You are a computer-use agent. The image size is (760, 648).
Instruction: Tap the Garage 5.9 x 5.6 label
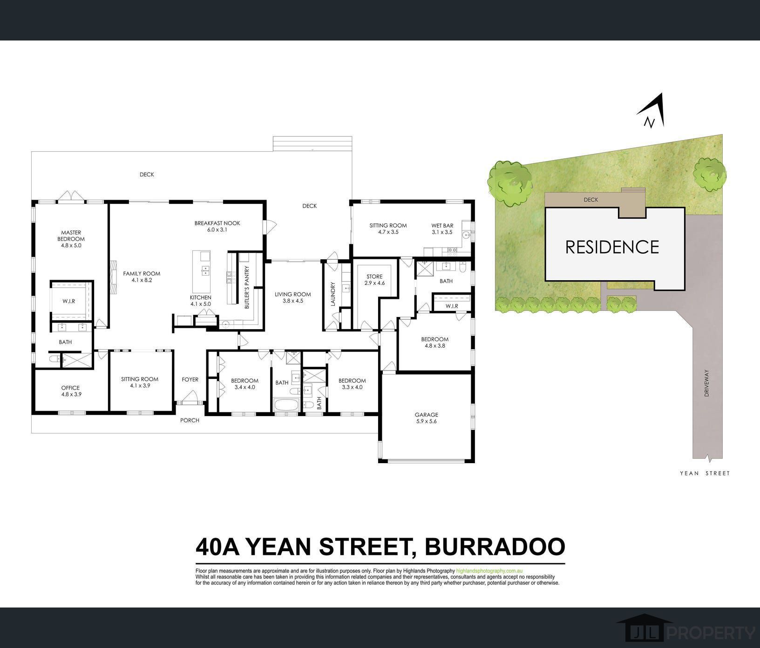click(x=427, y=418)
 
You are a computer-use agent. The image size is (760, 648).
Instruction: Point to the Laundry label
click(x=332, y=294)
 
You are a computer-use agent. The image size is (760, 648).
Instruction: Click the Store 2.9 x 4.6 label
click(x=374, y=280)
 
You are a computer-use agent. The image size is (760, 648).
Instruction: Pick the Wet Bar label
click(x=442, y=229)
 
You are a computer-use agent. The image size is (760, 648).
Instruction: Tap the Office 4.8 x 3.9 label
click(x=70, y=391)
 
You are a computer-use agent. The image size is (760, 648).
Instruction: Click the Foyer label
click(x=190, y=379)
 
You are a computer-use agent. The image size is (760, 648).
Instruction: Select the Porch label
click(x=190, y=420)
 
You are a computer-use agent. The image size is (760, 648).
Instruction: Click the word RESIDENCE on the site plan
click(x=612, y=247)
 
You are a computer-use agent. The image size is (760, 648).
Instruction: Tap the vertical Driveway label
click(x=706, y=383)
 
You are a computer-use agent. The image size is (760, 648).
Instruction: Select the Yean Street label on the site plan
click(x=705, y=473)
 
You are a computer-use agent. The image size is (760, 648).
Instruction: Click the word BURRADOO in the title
click(x=495, y=547)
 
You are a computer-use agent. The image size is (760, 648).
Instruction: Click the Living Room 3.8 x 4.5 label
click(x=292, y=297)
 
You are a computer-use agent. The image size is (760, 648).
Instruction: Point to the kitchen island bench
click(x=204, y=263)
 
